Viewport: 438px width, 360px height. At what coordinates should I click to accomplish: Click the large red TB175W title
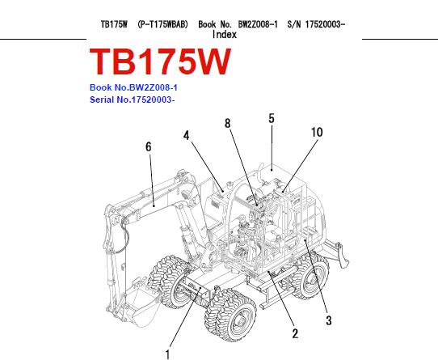click(x=160, y=61)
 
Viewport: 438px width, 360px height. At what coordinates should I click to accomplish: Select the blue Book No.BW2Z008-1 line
click(x=133, y=87)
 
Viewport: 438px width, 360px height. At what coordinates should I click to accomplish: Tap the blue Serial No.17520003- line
click(x=132, y=100)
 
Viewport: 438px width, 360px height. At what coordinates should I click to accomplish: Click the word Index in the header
click(x=225, y=35)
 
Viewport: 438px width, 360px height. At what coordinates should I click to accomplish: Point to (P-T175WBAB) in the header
click(x=163, y=24)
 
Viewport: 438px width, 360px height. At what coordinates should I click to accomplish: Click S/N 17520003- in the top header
click(x=316, y=24)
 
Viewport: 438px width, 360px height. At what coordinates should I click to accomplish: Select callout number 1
click(x=167, y=354)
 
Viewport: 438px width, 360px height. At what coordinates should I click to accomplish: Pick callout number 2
click(x=295, y=333)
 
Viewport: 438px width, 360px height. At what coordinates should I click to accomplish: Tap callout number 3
click(x=329, y=320)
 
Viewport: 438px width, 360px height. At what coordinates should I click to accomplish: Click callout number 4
click(x=187, y=136)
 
